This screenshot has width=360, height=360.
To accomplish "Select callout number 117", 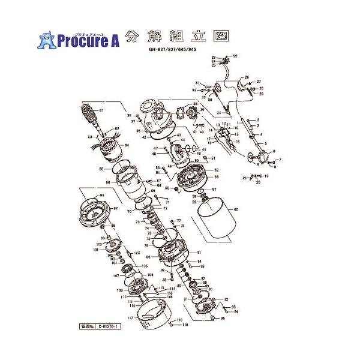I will pos(130,317).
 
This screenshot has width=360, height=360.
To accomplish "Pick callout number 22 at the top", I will pos(235,56).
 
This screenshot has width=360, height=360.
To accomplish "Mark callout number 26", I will pos(246,77).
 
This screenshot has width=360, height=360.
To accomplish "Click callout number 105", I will pos(137,253).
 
